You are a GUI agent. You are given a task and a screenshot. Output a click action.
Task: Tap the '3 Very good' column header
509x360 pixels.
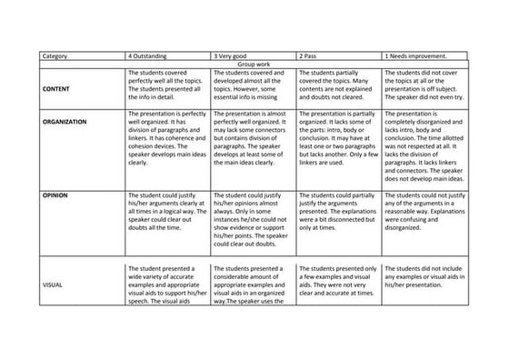234,57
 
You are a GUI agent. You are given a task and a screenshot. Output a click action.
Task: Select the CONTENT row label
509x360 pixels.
59,89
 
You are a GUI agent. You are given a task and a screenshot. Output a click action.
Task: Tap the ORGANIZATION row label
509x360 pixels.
69,121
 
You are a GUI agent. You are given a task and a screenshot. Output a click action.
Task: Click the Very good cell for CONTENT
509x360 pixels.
252,85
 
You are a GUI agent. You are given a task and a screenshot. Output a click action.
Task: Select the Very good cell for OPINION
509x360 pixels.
252,218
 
